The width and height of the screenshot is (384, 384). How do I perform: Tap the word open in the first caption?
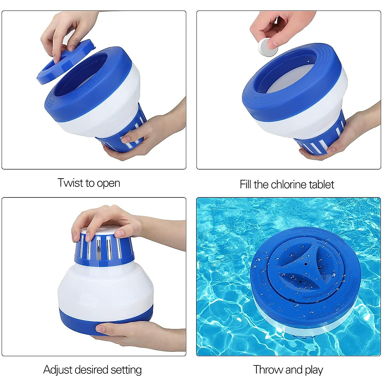coord(108,184)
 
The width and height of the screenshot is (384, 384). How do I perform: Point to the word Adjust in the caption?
coord(57,370)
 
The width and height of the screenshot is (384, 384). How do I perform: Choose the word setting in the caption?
coord(126,370)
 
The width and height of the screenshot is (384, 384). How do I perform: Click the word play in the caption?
coord(314,370)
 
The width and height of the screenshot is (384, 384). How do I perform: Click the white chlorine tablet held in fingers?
coord(268,47)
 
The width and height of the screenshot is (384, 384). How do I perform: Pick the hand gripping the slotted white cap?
coord(106,221)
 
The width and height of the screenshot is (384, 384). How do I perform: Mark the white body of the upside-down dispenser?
coord(106,288)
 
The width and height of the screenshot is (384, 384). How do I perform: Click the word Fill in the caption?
coord(245,185)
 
